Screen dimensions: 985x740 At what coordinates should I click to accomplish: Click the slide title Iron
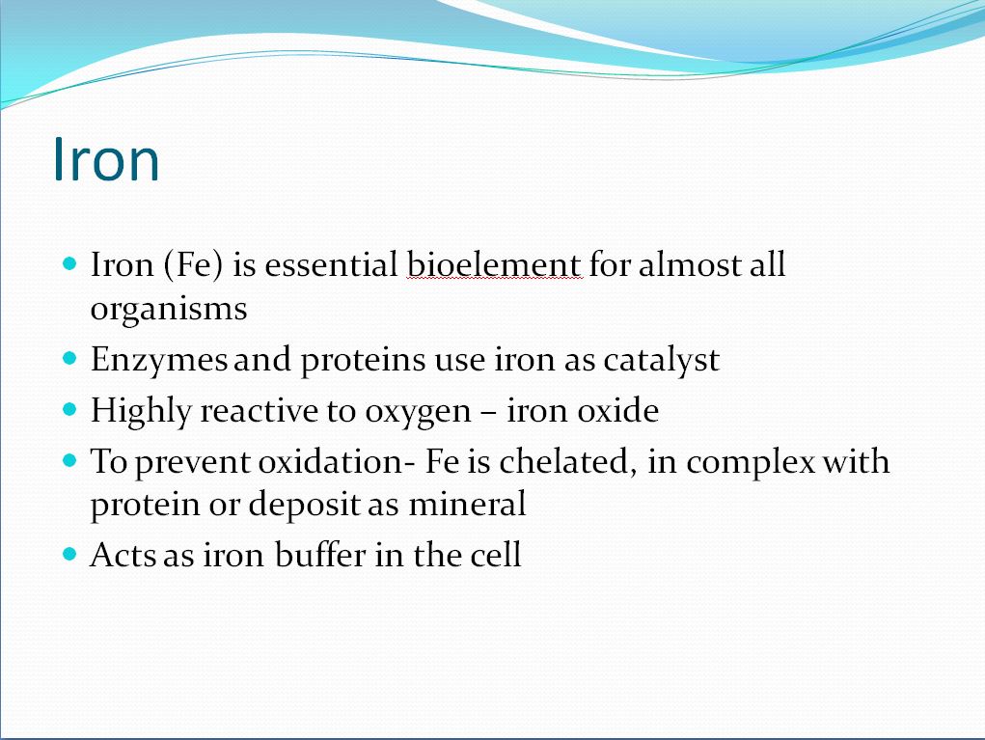point(106,159)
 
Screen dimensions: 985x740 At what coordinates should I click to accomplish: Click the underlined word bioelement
point(494,264)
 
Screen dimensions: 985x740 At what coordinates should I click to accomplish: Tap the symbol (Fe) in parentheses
point(193,265)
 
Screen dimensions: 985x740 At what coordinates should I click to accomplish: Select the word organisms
point(169,309)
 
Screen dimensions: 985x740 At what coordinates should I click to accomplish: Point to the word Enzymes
point(159,361)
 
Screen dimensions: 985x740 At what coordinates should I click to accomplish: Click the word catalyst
point(662,361)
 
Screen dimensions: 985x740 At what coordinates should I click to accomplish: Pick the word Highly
point(141,412)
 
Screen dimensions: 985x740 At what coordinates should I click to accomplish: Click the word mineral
point(467,504)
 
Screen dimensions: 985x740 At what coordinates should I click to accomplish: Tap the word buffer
point(320,555)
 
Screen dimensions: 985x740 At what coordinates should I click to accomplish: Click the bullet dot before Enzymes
point(69,359)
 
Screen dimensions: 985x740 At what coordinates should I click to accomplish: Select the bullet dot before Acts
point(69,554)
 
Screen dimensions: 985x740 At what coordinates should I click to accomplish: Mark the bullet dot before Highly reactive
point(69,410)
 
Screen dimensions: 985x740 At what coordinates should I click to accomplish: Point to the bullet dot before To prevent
point(69,461)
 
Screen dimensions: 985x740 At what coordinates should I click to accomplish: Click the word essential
point(331,264)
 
